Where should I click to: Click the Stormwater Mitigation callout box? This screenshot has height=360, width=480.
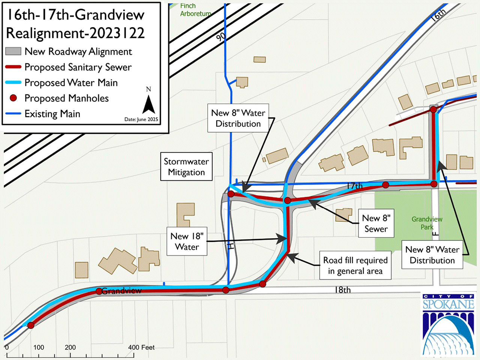pos(186,166)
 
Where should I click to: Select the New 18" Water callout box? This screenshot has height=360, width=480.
pos(187,241)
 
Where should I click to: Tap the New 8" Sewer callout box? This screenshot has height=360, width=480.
pos(376,223)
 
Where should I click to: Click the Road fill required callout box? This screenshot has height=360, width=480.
pos(355,265)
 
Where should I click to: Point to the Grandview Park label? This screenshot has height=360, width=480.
pos(427,223)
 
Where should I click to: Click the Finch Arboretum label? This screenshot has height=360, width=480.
pos(195,10)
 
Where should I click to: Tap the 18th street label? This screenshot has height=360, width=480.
pos(342,290)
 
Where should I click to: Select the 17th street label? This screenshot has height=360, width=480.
pos(354,186)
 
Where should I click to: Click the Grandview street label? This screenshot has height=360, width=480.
pos(121,291)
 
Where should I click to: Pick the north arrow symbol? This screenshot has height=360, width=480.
pos(148,103)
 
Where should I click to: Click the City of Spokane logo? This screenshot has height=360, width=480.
pos(448,324)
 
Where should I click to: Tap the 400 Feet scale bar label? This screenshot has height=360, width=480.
pos(141,348)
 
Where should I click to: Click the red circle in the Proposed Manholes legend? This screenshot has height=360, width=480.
pos(13,98)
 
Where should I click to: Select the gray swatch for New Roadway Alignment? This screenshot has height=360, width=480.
pos(13,51)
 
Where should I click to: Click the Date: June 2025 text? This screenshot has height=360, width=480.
pos(141,119)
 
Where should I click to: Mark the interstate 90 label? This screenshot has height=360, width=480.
pos(221,36)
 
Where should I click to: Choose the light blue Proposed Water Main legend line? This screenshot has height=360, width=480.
pos(13,82)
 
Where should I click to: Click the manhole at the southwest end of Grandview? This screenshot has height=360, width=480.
pos(31,325)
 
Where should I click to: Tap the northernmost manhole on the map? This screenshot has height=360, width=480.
pos(433,109)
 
